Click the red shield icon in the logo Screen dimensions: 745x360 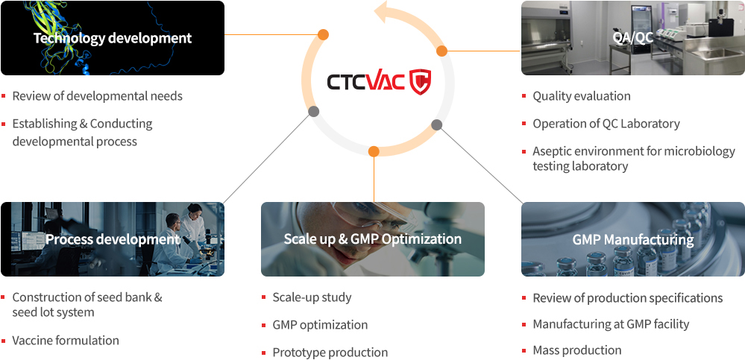pos(421,82)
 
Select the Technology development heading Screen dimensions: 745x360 pos(113,38)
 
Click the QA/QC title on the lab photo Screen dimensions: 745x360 pos(632,38)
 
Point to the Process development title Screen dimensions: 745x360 pos(113,239)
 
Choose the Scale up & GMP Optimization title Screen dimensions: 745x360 pos(373,239)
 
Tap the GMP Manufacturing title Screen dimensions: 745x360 pos(632,239)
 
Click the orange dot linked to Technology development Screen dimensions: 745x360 pos(323,35)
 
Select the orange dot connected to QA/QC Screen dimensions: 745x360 pos(442,51)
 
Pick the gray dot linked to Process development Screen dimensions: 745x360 pos(313,112)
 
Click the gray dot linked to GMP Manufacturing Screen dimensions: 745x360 pos(437,125)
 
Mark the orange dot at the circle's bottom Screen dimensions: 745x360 pos(374,151)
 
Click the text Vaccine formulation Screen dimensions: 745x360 pos(66,341)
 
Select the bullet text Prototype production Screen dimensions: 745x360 pos(330,353)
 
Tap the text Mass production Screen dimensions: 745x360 pos(576,350)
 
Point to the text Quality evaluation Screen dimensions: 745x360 pos(582,96)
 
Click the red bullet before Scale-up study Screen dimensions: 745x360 pos(264,298)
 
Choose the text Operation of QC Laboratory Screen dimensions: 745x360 pos(606,124)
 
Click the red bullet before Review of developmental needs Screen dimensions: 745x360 pos(3,96)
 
